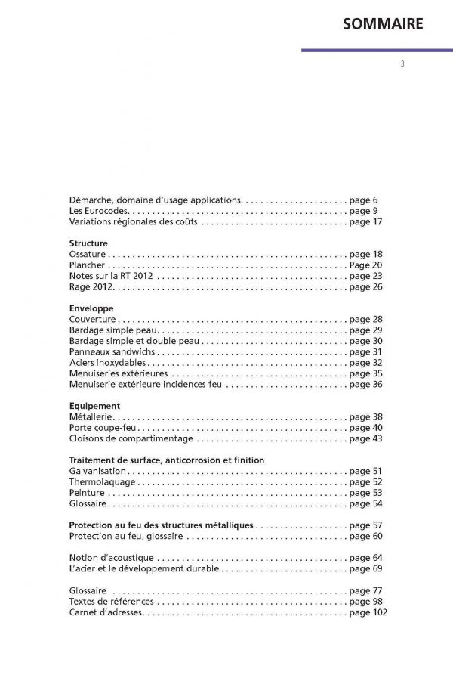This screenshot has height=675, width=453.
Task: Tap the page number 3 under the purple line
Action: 402,63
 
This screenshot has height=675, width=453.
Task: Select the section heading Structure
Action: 88,243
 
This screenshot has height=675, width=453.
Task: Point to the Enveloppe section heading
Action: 91,308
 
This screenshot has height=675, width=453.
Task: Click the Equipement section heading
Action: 94,406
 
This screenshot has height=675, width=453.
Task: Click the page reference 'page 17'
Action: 367,222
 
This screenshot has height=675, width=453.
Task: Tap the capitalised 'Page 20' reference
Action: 367,265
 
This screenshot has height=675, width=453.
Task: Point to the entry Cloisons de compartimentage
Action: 131,438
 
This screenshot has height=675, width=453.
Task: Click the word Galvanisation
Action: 100,471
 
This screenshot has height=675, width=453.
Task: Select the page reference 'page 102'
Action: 369,612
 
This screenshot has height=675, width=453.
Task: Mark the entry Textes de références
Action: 111,602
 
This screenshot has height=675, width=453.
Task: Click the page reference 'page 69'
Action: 367,568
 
